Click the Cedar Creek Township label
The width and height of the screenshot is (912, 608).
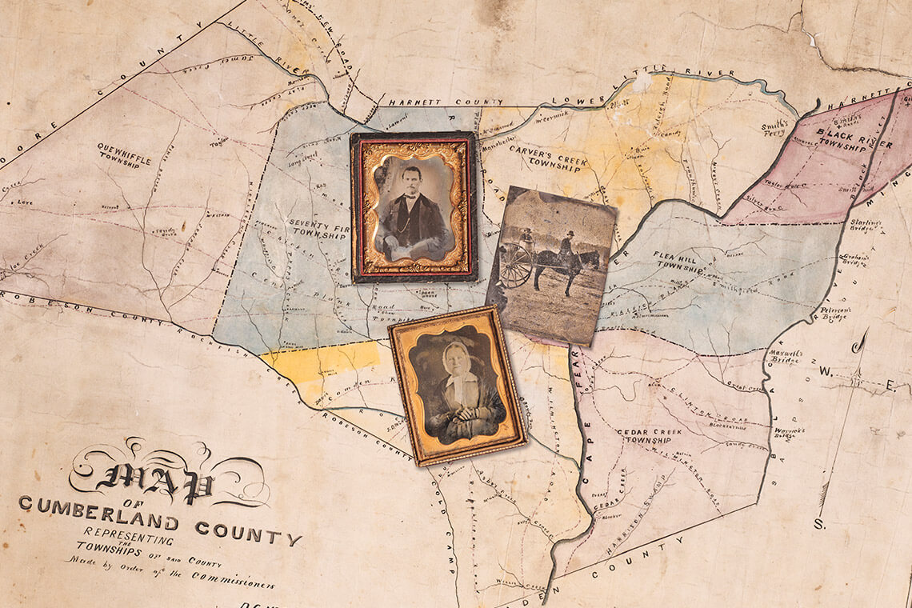(x=648, y=435)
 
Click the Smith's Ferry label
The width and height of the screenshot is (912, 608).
(x=775, y=128)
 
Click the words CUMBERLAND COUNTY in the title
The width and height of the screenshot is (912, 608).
(x=160, y=520)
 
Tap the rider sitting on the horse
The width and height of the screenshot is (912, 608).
(x=567, y=242)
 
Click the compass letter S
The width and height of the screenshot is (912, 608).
(x=819, y=525)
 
